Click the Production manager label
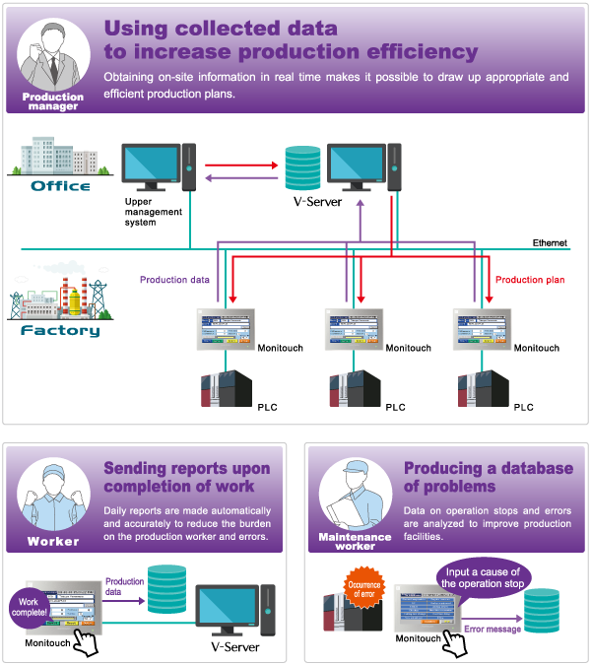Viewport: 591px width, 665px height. coord(53,101)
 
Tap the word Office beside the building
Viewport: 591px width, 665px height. coord(60,185)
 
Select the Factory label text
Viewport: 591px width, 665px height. coord(60,331)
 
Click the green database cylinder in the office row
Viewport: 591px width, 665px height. coord(302,167)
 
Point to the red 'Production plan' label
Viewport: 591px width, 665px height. coord(530,281)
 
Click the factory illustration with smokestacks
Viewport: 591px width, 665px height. coord(54,292)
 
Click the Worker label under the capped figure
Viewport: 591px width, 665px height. coord(53,541)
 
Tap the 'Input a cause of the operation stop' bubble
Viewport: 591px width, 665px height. coord(484,576)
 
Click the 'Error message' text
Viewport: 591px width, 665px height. coord(492,628)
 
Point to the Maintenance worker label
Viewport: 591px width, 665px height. coord(355,540)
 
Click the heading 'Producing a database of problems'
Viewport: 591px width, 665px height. coord(488,477)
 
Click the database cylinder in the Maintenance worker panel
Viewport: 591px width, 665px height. coord(542,611)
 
